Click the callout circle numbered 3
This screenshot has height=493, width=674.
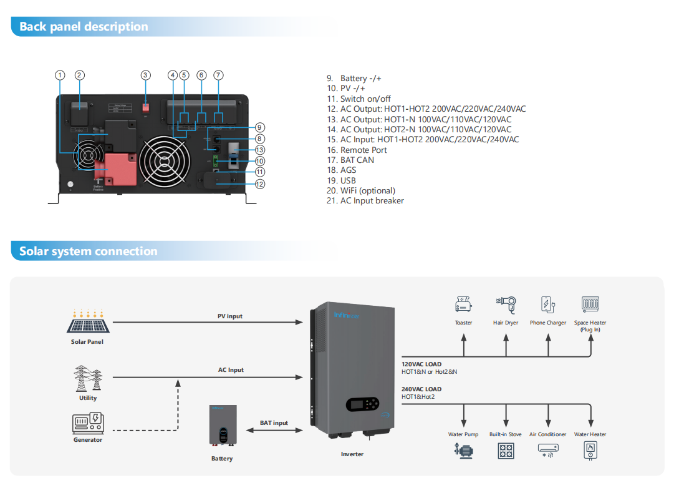[x=145, y=75]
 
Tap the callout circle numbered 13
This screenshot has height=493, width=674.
[x=260, y=150]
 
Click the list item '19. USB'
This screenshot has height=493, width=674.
[x=341, y=180]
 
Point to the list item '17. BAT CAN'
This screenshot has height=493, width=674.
[x=350, y=160]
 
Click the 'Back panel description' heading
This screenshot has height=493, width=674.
[x=84, y=26]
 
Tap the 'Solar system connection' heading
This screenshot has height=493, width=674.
[x=88, y=251]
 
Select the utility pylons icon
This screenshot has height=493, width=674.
[x=88, y=378]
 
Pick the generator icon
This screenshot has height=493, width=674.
[x=88, y=423]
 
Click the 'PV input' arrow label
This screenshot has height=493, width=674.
[x=230, y=316]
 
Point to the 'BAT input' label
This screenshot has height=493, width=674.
[x=274, y=423]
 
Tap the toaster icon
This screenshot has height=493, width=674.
[x=463, y=304]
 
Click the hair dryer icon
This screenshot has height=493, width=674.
[x=506, y=304]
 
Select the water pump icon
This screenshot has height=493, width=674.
[x=463, y=450]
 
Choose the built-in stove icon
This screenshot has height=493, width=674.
[x=506, y=450]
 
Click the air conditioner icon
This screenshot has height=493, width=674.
[x=548, y=450]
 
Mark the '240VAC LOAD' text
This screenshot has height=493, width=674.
[x=421, y=389]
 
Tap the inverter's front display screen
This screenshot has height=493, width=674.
[x=357, y=404]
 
